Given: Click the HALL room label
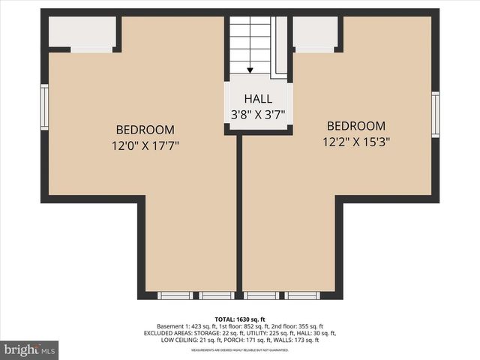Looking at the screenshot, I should [x=258, y=99].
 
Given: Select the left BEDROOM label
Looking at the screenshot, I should [x=145, y=129].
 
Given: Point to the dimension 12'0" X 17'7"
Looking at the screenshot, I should [x=145, y=145].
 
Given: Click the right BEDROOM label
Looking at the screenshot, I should [x=356, y=125].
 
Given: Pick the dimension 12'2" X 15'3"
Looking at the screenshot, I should [x=356, y=141].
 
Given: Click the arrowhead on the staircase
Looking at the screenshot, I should [x=250, y=70].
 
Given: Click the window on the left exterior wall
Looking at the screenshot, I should [x=44, y=107].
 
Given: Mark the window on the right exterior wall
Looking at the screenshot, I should [x=436, y=113].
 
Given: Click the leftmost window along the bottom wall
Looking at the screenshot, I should [x=175, y=295].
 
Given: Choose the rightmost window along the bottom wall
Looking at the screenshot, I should [x=304, y=295].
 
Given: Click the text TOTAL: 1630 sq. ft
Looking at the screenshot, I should [x=240, y=319].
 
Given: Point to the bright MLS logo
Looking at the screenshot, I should [x=31, y=349].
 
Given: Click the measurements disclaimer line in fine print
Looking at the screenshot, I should [x=240, y=350].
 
